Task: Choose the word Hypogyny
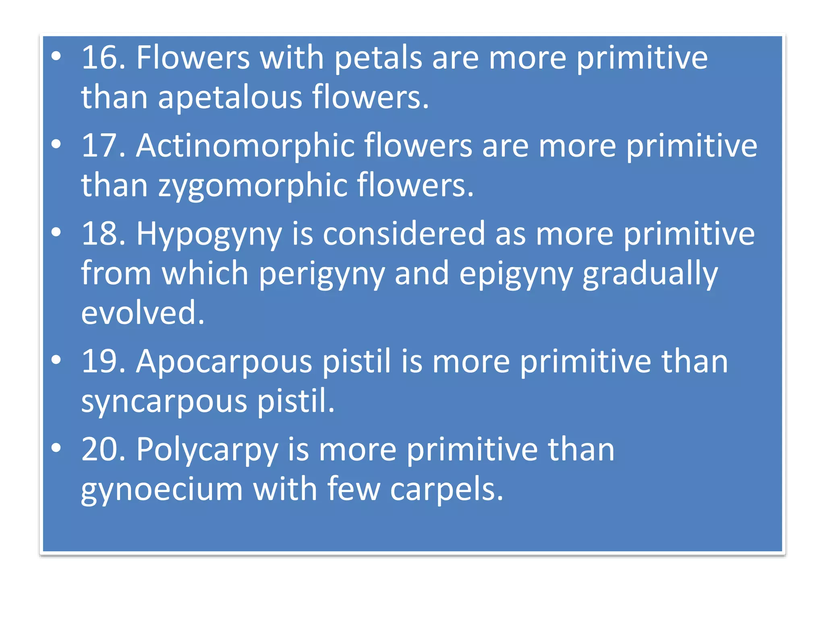click(x=209, y=235)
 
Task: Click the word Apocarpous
click(x=224, y=362)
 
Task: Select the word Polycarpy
click(x=207, y=450)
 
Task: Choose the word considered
click(x=404, y=234)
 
